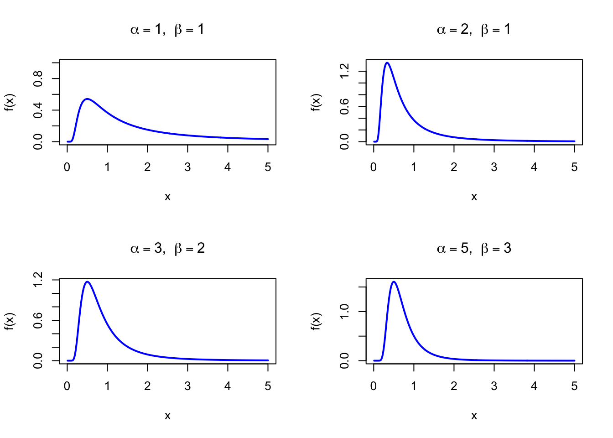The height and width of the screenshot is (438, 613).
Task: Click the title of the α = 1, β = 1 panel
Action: tap(167, 30)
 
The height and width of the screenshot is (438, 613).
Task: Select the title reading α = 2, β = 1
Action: tap(474, 30)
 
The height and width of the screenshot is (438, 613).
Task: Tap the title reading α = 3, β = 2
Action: tap(167, 249)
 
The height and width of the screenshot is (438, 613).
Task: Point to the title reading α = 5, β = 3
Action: tap(474, 249)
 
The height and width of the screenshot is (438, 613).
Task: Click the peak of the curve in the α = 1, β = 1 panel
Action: tap(87, 99)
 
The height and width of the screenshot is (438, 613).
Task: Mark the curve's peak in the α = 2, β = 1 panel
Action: tap(387, 63)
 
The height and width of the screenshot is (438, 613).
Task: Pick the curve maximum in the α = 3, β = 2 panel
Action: tap(87, 282)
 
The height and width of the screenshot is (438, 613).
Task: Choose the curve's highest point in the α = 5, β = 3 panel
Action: tap(394, 282)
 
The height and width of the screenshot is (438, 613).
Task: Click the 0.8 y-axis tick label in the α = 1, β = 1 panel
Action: tap(38, 78)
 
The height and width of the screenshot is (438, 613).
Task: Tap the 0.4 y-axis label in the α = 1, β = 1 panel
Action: tap(38, 110)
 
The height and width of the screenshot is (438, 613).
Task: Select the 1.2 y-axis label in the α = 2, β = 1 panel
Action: tap(345, 71)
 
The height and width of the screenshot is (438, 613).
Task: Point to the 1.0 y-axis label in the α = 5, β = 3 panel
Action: tap(345, 312)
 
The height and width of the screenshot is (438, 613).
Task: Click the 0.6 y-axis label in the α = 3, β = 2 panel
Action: tap(38, 320)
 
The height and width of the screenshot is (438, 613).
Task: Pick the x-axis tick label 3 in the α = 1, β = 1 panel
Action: tap(187, 167)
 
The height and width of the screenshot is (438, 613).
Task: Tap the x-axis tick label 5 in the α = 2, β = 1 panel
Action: tap(574, 167)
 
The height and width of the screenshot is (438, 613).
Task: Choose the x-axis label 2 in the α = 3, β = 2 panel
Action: tap(147, 386)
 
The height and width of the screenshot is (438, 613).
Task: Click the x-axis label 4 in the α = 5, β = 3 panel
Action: tap(534, 386)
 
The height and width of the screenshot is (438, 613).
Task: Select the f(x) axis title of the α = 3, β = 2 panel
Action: tap(10, 321)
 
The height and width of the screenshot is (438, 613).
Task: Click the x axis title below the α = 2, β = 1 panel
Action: tap(474, 197)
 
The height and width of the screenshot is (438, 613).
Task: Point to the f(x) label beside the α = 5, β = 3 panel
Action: tap(317, 321)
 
